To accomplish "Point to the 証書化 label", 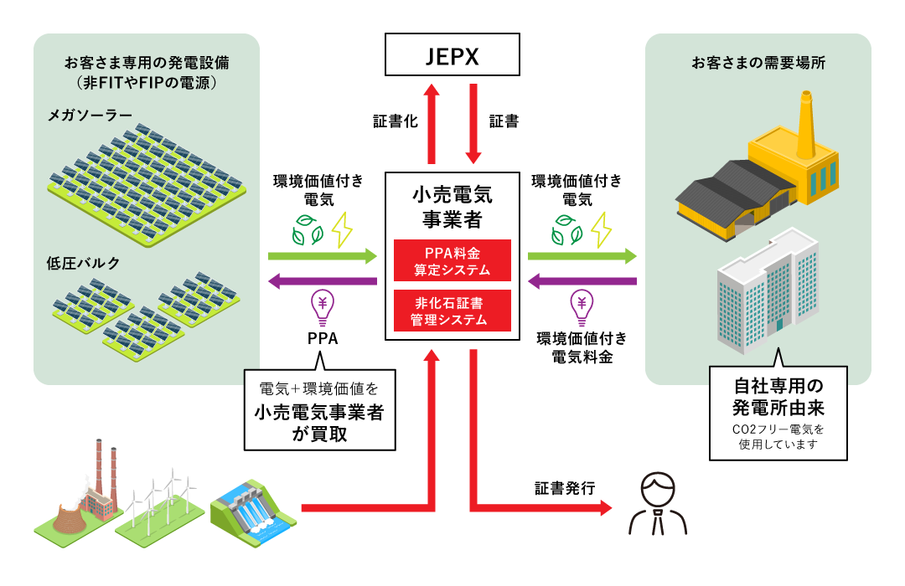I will point(396,121).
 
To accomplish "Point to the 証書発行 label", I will point(565,488).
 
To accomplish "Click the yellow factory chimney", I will point(806,126).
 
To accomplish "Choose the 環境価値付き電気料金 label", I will point(582,347).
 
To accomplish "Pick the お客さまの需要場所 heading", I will point(758,63).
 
